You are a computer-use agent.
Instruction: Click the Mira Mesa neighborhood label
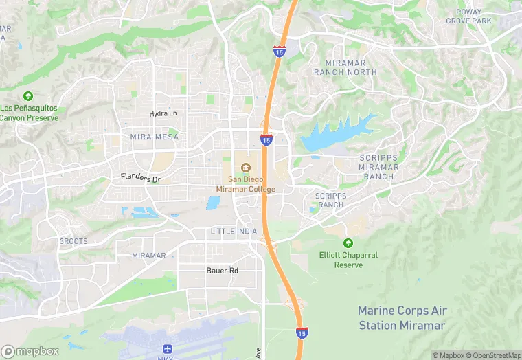154,137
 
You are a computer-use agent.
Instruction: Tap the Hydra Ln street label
163,113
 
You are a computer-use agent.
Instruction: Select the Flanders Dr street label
140,179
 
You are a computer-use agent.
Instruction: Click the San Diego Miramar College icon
245,167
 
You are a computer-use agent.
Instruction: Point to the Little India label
234,232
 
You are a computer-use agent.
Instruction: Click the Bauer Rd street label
222,271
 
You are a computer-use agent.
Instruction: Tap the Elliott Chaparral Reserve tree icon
348,243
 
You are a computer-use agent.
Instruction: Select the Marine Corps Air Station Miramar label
402,318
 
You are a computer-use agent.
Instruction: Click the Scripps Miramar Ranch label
378,167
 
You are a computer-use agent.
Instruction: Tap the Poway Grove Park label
468,16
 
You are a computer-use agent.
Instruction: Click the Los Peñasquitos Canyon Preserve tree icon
28,96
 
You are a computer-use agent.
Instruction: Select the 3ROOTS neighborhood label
73,241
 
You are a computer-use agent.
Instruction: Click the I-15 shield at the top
279,52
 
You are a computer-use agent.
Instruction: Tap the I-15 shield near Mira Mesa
266,140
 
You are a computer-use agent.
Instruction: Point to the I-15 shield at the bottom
302,333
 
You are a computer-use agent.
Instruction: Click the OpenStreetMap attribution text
493,355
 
